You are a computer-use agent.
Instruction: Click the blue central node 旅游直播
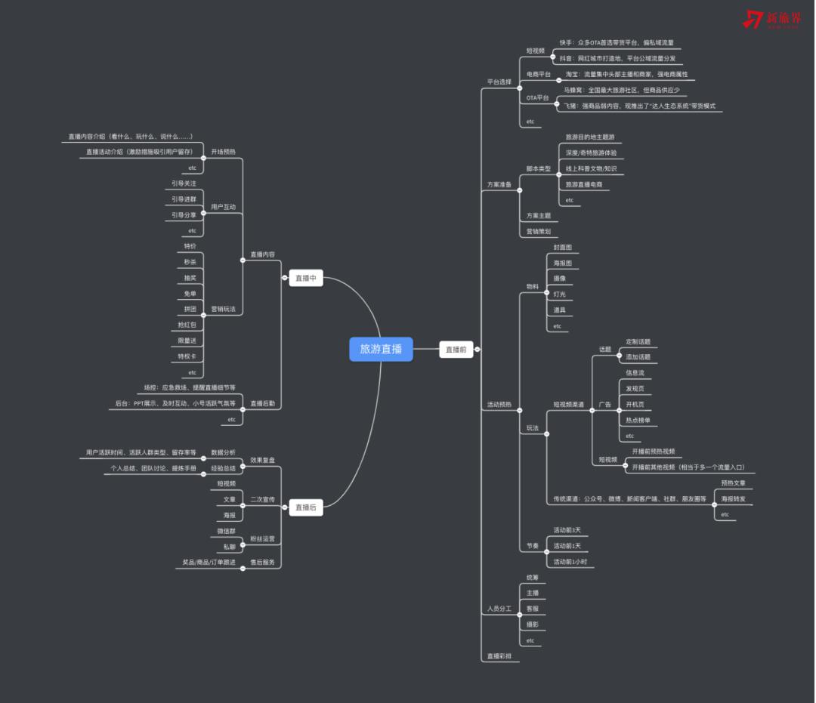coord(381,349)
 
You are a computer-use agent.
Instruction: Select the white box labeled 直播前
coord(456,350)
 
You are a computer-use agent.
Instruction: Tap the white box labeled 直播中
coord(306,279)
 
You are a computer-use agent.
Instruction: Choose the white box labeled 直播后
coord(306,508)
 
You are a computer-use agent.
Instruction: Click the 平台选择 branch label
coord(499,82)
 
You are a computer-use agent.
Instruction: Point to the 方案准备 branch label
coord(499,185)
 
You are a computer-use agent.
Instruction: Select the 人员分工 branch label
coord(499,608)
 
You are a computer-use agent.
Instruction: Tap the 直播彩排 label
coord(499,657)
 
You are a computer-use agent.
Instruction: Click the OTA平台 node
coord(538,98)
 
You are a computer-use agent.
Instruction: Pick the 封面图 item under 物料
coord(563,248)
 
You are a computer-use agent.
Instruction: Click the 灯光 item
coord(559,294)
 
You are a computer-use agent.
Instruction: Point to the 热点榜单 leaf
coord(638,420)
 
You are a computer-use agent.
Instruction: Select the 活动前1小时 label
coord(570,562)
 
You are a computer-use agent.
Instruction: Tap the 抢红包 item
coord(187,325)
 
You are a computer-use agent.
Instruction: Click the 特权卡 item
coord(187,356)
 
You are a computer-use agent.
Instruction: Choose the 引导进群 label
coord(184,199)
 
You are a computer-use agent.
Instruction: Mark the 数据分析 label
coord(223,452)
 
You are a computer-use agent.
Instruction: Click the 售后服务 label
coord(262,563)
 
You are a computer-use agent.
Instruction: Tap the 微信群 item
coord(226,532)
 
